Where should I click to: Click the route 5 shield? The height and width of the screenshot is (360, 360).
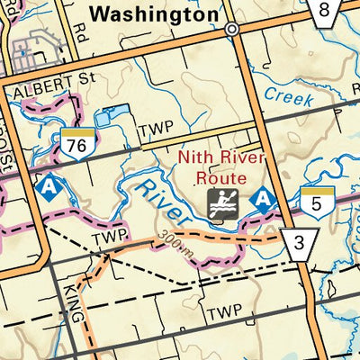[x=312, y=203]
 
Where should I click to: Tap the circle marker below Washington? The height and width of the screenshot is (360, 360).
[x=232, y=29]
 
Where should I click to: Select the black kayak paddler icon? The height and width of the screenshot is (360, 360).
[x=220, y=202]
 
